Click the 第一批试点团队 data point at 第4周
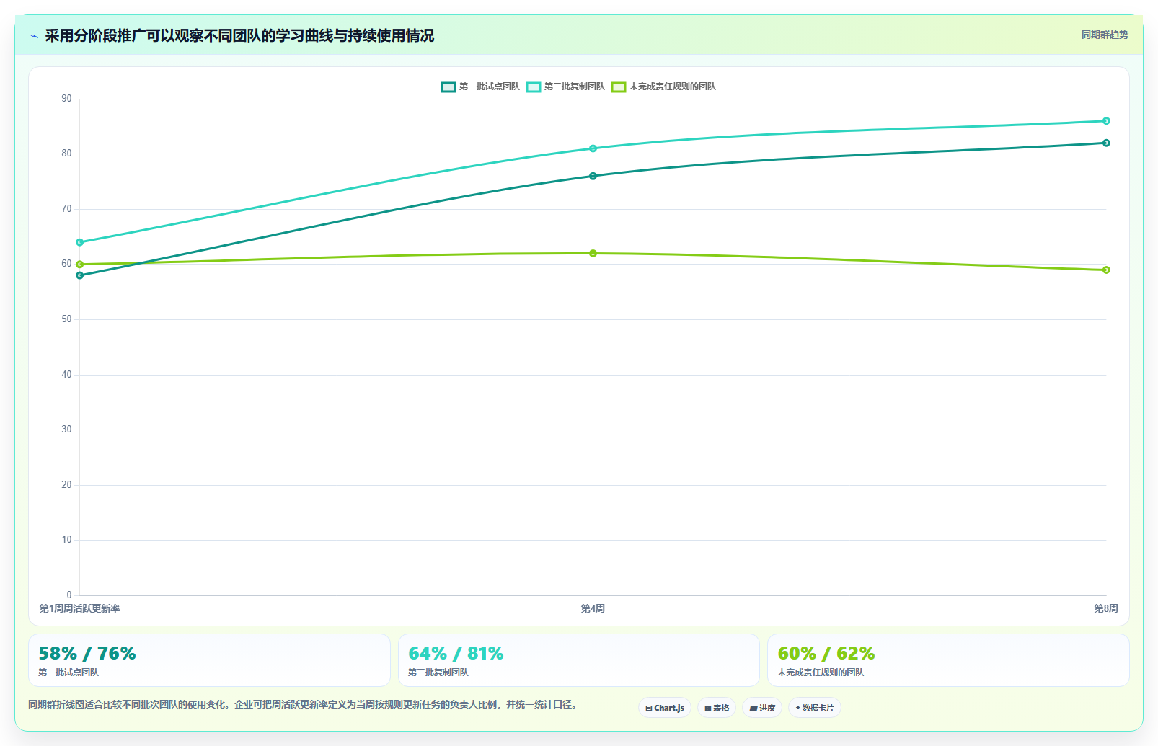point(593,176)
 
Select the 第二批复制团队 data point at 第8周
point(1106,121)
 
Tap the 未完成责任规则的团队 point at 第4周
point(593,253)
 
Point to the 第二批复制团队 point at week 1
point(79,242)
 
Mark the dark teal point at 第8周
point(1106,143)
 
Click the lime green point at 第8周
point(1106,270)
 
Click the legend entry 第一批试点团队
point(480,86)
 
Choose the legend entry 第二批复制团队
point(565,86)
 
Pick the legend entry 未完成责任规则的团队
point(663,86)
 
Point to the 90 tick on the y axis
point(66,99)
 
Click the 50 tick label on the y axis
point(66,319)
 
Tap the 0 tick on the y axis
point(69,595)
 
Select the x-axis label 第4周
point(593,608)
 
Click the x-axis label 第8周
point(1106,608)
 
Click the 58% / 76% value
point(87,654)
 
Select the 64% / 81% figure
point(456,654)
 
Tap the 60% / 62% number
point(826,654)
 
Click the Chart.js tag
point(665,708)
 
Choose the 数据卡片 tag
point(815,708)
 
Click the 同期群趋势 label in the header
point(1105,35)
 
